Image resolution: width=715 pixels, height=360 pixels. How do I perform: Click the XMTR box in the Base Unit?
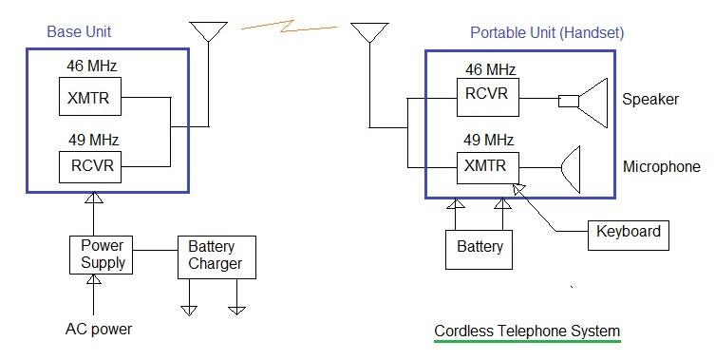pyautogui.click(x=90, y=97)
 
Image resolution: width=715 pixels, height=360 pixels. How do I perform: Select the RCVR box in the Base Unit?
pyautogui.click(x=90, y=167)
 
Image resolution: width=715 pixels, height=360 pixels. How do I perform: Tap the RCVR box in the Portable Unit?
pyautogui.click(x=487, y=93)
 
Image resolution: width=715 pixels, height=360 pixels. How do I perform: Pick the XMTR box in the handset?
pyautogui.click(x=487, y=165)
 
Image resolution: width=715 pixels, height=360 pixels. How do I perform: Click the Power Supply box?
pyautogui.click(x=100, y=255)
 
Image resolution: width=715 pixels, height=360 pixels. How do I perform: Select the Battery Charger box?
pyautogui.click(x=216, y=256)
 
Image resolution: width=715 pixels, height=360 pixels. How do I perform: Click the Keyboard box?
pyautogui.click(x=628, y=232)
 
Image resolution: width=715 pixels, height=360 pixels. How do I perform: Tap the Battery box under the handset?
pyautogui.click(x=480, y=248)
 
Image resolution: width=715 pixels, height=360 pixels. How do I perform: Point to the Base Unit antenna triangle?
pyautogui.click(x=209, y=31)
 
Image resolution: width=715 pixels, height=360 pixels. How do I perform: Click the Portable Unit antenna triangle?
pyautogui.click(x=369, y=33)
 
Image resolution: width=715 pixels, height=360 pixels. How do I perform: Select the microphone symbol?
pyautogui.click(x=570, y=168)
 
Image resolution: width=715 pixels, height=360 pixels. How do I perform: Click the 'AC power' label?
pyautogui.click(x=99, y=330)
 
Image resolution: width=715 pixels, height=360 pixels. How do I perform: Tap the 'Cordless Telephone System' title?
pyautogui.click(x=527, y=332)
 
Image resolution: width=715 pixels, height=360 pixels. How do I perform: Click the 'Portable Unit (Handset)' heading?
pyautogui.click(x=547, y=32)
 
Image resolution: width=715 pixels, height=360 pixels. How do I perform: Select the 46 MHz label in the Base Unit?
pyautogui.click(x=92, y=66)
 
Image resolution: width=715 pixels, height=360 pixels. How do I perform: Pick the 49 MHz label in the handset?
pyautogui.click(x=489, y=140)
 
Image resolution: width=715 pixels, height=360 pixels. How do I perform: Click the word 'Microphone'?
pyautogui.click(x=661, y=167)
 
